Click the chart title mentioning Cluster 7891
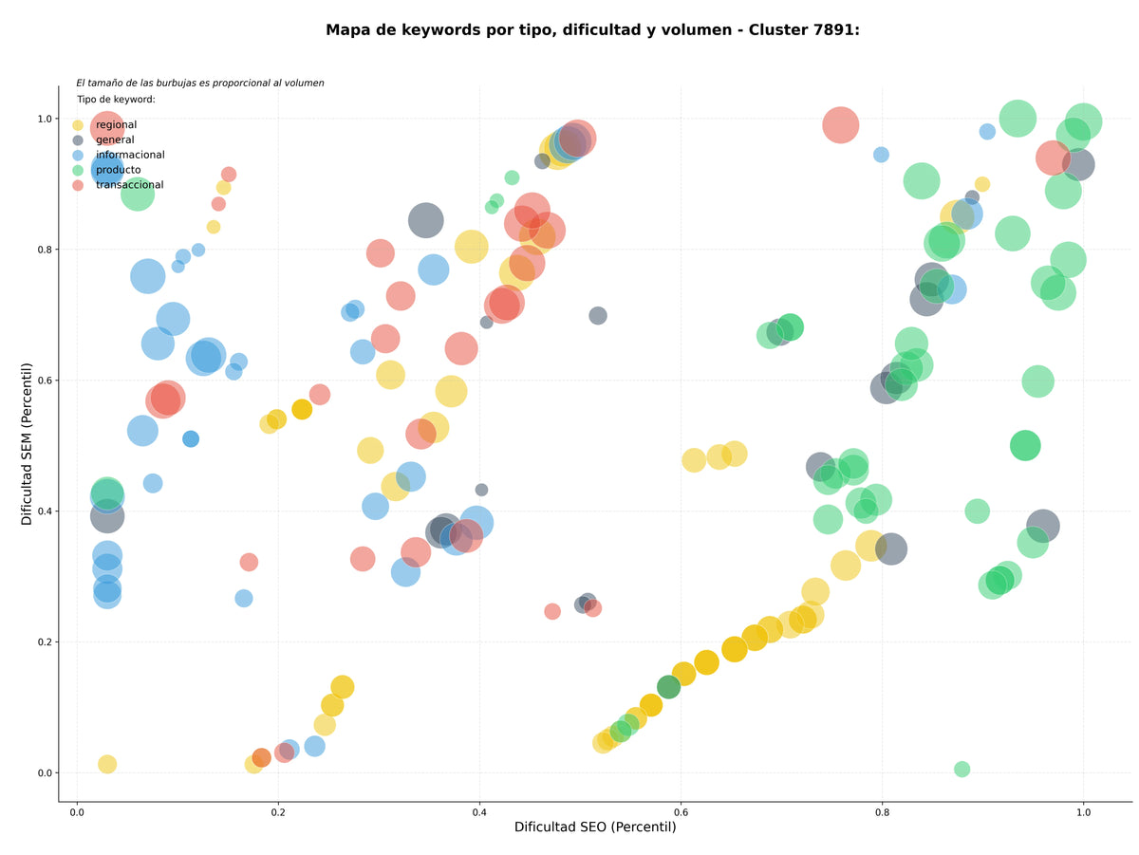pos(591,30)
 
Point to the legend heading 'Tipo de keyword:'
pos(116,99)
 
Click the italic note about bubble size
pos(199,83)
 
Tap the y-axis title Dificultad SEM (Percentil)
pos(27,443)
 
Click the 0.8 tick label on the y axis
pos(46,249)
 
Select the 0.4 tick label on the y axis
pos(46,511)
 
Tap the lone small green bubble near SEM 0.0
pos(962,769)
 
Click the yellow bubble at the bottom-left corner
pos(107,764)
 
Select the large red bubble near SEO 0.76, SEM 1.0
pos(840,125)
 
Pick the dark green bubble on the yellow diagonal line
pos(668,687)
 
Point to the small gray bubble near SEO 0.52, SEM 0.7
pos(598,315)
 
